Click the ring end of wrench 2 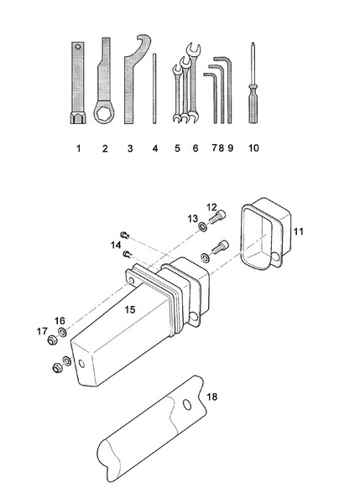pos(104,114)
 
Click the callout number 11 pos(300,228)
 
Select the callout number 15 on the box pos(130,310)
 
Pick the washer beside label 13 pos(205,226)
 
